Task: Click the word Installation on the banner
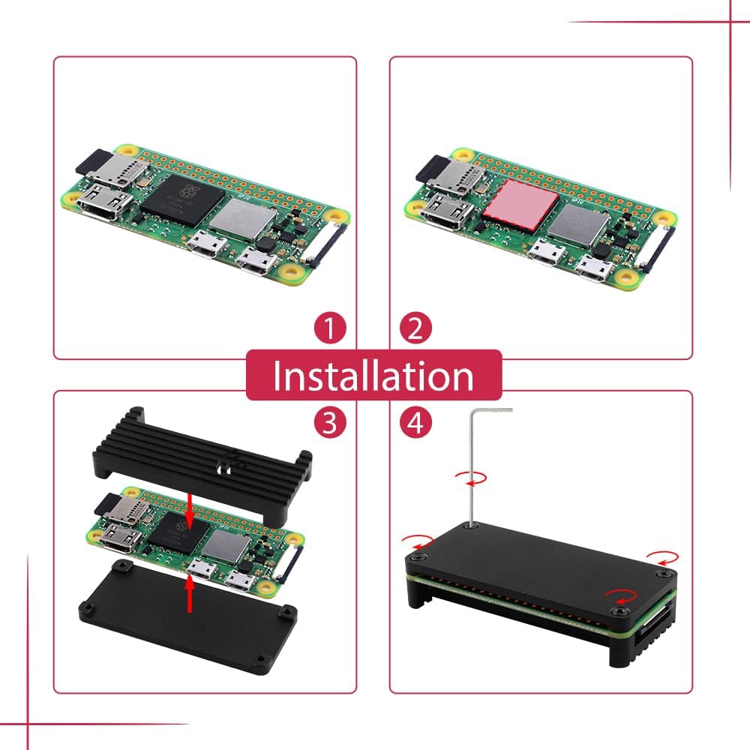tap(373, 376)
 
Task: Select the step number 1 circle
tap(329, 328)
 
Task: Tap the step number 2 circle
tap(415, 328)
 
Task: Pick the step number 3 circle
tap(329, 424)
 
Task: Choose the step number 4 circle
tap(415, 424)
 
